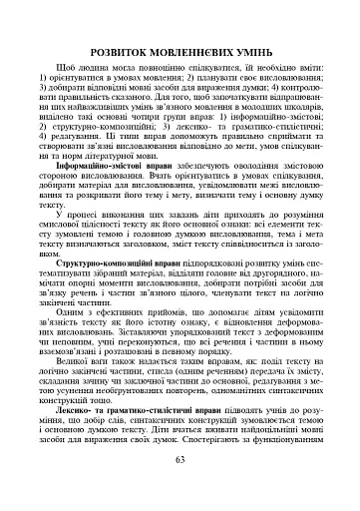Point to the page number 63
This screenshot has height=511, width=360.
point(180,487)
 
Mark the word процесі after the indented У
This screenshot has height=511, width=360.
point(103,240)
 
